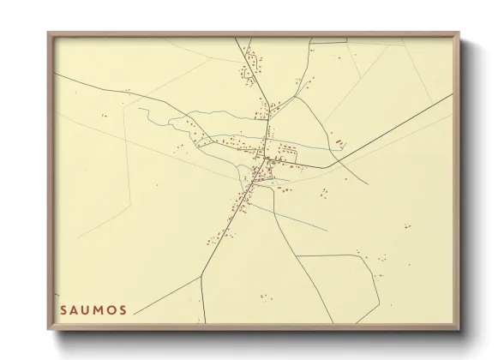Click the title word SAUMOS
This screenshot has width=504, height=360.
(94, 309)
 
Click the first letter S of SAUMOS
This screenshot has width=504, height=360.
(63, 309)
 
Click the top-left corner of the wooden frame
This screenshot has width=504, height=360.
(49, 33)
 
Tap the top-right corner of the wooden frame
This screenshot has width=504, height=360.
(459, 33)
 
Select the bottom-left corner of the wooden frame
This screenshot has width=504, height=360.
(49, 330)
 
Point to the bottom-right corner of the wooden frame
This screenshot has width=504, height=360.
(459, 330)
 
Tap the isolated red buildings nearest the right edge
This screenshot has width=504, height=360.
(408, 226)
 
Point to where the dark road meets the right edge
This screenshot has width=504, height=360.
(452, 94)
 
